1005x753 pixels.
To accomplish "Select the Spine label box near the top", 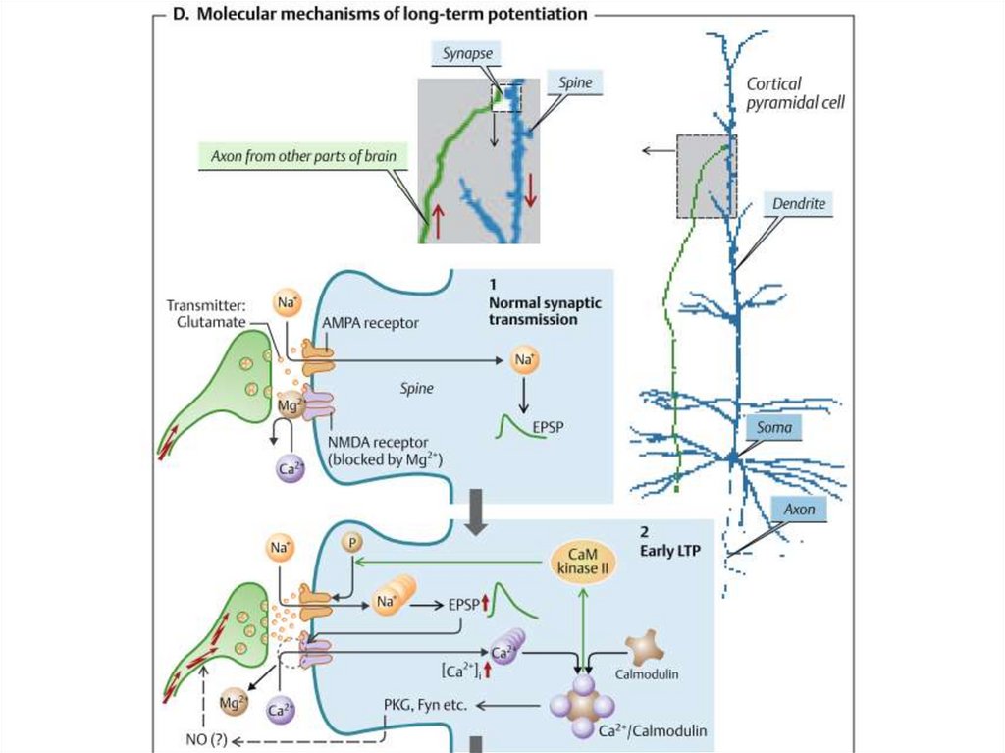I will click(575, 83).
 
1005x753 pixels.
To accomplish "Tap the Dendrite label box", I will click(795, 204).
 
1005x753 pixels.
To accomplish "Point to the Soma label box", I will click(774, 428).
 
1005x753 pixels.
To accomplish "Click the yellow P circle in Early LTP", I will click(350, 543).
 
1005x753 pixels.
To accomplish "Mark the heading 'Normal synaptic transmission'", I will click(545, 311).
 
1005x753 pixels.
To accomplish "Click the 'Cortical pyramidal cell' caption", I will click(796, 93).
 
